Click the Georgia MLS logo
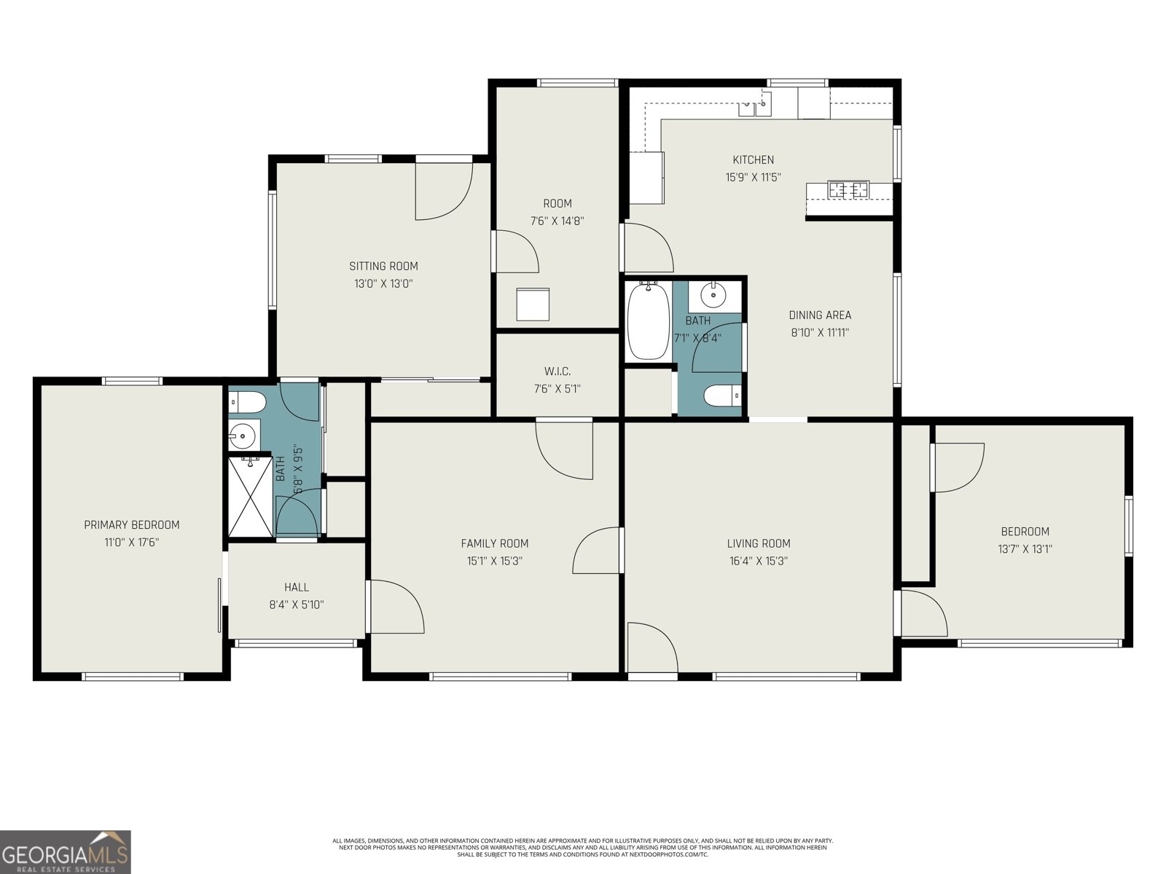pos(65,851)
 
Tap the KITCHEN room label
pos(753,160)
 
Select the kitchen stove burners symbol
pos(848,190)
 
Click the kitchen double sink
pos(755,106)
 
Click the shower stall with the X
pos(250,496)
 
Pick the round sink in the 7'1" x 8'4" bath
pos(712,295)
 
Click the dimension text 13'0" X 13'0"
pos(383,284)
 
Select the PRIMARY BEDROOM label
pos(131,524)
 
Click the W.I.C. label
pos(557,371)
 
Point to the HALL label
pos(296,587)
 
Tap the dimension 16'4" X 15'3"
pos(759,561)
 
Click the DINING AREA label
pos(820,315)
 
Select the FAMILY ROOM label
pos(494,543)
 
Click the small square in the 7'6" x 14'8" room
pos(533,304)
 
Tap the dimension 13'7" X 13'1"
pos(1025,549)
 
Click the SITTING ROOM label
pos(383,266)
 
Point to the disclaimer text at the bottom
pos(582,847)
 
